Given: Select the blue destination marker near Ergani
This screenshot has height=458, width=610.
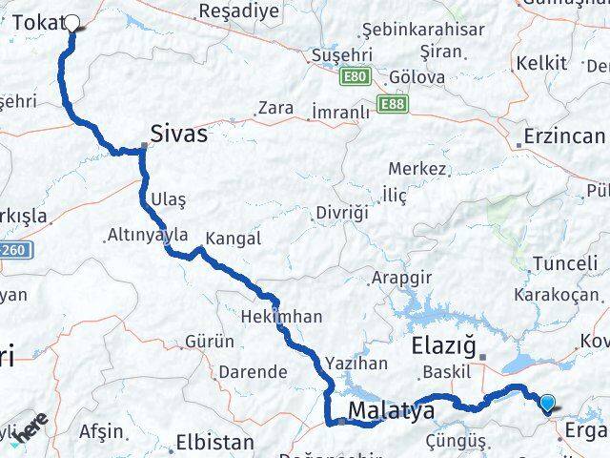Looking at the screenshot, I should [x=548, y=404].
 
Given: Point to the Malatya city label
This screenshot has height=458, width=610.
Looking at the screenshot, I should [x=391, y=411].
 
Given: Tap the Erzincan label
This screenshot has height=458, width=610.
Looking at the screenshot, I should [x=563, y=136].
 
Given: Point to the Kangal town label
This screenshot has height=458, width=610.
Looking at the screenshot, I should [x=233, y=239].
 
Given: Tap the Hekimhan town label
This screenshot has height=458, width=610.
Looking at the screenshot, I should [x=281, y=316].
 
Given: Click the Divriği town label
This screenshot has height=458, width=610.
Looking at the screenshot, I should [x=342, y=213].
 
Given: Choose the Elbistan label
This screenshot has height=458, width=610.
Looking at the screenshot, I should [x=214, y=443].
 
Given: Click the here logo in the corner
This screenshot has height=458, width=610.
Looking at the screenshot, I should [x=29, y=430].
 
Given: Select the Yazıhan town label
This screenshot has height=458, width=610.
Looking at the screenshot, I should [x=356, y=363].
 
